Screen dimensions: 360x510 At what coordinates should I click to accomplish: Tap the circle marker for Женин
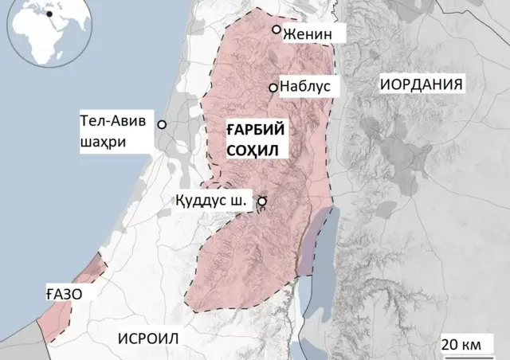pos(277,29)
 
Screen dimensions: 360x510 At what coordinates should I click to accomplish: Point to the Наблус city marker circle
pos(273,88)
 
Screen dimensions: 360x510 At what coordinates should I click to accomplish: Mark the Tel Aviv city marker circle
pos(162,125)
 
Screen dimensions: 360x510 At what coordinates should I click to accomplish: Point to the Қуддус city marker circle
pos(261,202)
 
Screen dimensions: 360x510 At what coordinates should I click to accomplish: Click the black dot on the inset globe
pos(50,14)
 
